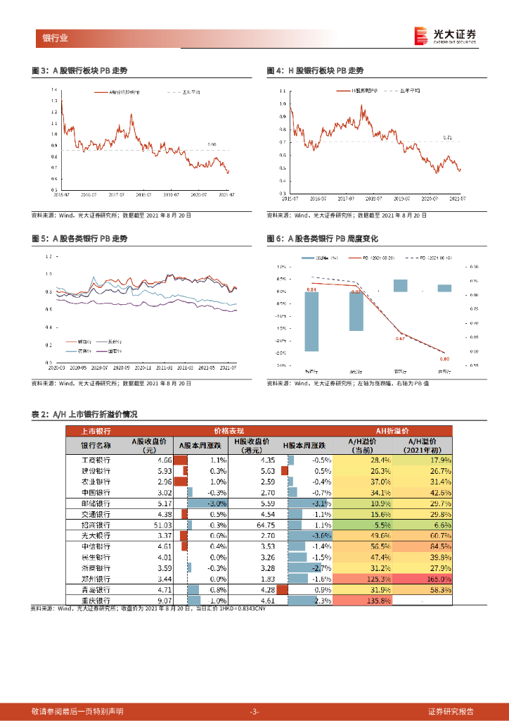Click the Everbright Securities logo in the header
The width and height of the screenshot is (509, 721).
tap(445, 36)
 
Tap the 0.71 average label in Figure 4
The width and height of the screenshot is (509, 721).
tap(448, 137)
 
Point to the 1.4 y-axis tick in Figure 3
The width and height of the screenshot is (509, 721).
tap(55, 90)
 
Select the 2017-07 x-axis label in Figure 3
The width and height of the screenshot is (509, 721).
tap(115, 194)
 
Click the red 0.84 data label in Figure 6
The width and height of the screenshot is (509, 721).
tap(311, 289)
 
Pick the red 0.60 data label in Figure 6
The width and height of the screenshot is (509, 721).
tap(444, 359)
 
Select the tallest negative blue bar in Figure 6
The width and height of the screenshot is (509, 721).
tap(311, 322)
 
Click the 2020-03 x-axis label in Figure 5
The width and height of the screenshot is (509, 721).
tap(57, 367)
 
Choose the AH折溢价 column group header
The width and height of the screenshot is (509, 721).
tap(391, 430)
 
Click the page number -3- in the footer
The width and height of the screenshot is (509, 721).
tap(254, 711)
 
